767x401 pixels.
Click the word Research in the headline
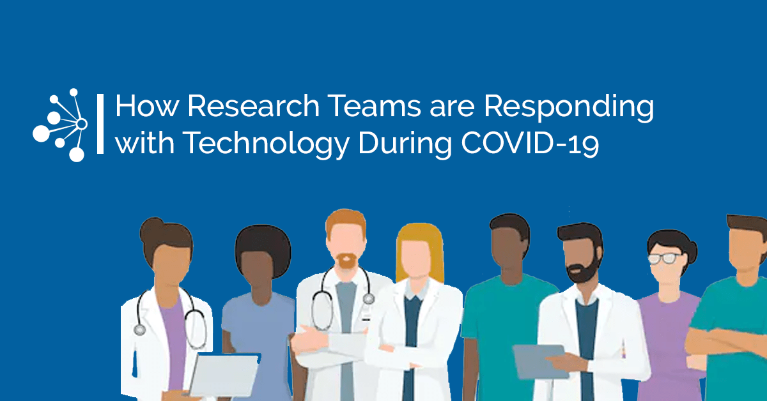pos(253,106)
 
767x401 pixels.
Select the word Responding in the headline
pos(569,108)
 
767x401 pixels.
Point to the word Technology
pos(266,144)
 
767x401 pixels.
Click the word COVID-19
pos(530,143)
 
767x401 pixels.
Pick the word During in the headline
pos(405,144)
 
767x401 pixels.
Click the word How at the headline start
pos(147,106)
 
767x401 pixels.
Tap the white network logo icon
pos(60,125)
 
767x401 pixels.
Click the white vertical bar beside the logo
pos(100,124)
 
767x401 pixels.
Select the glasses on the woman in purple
pos(664,259)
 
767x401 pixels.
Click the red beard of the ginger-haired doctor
pos(346,261)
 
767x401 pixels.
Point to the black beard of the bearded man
pos(584,270)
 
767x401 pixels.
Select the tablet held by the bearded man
pos(540,361)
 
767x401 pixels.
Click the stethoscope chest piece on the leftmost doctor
pos(140,330)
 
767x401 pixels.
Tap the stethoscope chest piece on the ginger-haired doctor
pos(368,299)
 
